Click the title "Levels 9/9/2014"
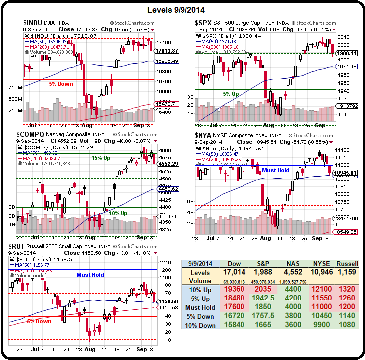[182, 10]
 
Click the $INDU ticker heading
[34, 23]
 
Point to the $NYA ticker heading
[204, 135]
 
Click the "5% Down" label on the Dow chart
[61, 84]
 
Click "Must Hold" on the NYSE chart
[276, 170]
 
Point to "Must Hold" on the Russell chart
[90, 274]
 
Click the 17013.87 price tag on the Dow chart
[167, 51]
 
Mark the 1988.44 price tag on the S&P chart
[346, 53]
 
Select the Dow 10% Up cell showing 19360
[235, 289]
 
